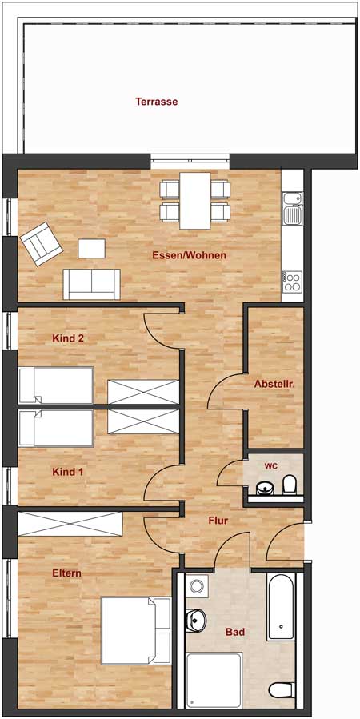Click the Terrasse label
pyautogui.click(x=156, y=102)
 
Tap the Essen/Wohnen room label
pyautogui.click(x=189, y=256)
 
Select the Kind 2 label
pyautogui.click(x=68, y=338)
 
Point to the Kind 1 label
pyautogui.click(x=68, y=472)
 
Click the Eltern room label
pyautogui.click(x=67, y=573)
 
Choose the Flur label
pyautogui.click(x=218, y=521)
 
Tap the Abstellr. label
pyautogui.click(x=274, y=385)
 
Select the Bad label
pyautogui.click(x=234, y=632)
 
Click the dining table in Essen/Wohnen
pyautogui.click(x=195, y=200)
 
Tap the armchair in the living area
pyautogui.click(x=41, y=244)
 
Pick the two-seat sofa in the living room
pyautogui.click(x=92, y=284)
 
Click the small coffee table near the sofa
pyautogui.click(x=91, y=249)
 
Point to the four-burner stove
pyautogui.click(x=292, y=280)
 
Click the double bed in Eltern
pyautogui.click(x=137, y=631)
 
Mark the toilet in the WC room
pyautogui.click(x=290, y=483)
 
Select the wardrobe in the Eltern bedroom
pyautogui.click(x=70, y=525)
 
